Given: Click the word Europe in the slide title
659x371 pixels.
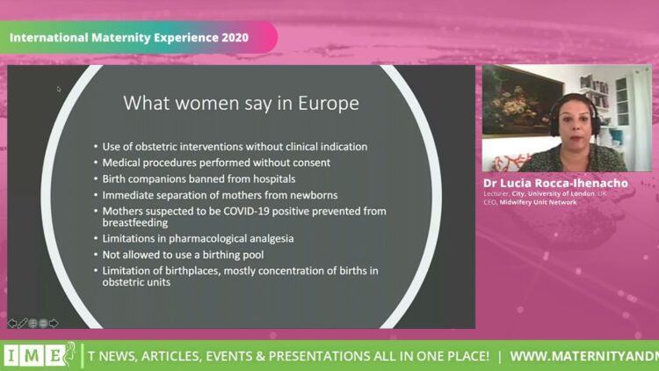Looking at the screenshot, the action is pyautogui.click(x=329, y=103).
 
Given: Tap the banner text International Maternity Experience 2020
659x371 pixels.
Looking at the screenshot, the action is pyautogui.click(x=129, y=38).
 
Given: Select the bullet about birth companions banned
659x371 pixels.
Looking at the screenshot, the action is pyautogui.click(x=199, y=178).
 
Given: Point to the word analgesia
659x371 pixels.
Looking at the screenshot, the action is pyautogui.click(x=272, y=238).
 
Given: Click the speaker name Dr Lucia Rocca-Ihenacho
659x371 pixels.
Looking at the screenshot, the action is pyautogui.click(x=555, y=183).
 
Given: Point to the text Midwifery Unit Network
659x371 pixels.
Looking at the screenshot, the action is pyautogui.click(x=538, y=202).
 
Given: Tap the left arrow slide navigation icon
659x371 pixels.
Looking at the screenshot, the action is pyautogui.click(x=11, y=323).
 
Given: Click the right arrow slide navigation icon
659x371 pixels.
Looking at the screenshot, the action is pyautogui.click(x=54, y=323).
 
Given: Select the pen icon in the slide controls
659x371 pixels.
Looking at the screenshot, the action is pyautogui.click(x=22, y=323).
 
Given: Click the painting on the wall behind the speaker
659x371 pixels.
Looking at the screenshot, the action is pyautogui.click(x=522, y=101).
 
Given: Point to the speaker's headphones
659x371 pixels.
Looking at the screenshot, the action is pyautogui.click(x=574, y=114).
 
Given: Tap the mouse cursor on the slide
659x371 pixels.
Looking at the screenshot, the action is pyautogui.click(x=58, y=89).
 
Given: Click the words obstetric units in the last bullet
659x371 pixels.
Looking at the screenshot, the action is pyautogui.click(x=136, y=282).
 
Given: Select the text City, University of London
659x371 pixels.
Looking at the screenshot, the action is pyautogui.click(x=553, y=193).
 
